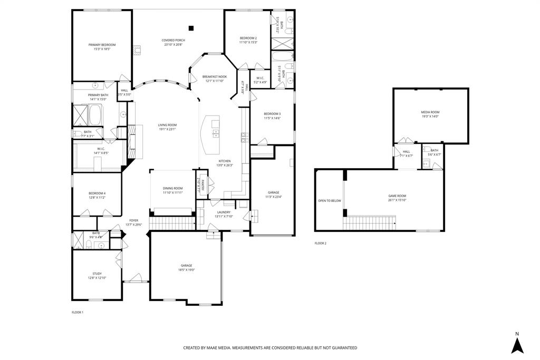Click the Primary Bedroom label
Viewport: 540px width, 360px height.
click(102, 45)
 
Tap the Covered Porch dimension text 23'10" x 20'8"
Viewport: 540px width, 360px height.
click(173, 45)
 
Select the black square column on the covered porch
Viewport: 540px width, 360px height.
click(191, 28)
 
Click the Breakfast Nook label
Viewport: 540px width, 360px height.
click(215, 76)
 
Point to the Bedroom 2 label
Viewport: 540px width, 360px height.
click(248, 38)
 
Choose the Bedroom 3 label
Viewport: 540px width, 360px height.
click(272, 114)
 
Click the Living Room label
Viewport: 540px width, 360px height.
click(167, 125)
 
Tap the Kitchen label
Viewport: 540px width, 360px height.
click(225, 161)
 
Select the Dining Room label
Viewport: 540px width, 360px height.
click(173, 188)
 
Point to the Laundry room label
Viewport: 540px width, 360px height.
click(224, 212)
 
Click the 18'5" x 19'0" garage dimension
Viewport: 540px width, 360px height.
click(187, 270)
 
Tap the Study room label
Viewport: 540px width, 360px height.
click(97, 274)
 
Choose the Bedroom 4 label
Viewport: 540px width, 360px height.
click(97, 193)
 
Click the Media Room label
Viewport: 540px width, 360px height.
click(430, 112)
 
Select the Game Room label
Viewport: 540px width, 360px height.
click(397, 196)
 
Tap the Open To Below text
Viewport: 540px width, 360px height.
click(330, 200)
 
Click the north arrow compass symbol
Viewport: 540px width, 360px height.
click(517, 345)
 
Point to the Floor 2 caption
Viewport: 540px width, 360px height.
click(321, 244)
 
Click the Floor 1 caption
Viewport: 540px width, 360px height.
click(78, 313)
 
